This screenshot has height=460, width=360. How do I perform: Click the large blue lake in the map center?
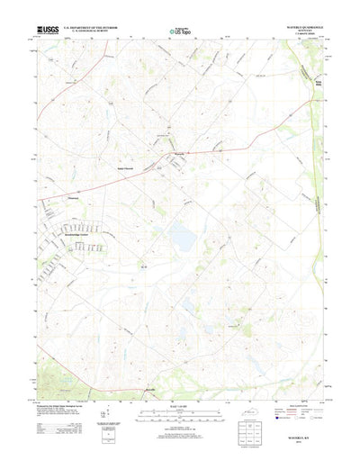tap(183, 239)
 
